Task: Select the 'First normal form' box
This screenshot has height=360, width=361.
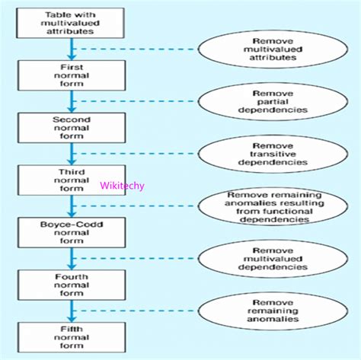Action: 71,74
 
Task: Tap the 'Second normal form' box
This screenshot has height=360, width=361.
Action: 71,127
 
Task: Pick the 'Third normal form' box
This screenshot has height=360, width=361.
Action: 71,180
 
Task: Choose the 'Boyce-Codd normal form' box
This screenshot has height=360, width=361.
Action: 71,232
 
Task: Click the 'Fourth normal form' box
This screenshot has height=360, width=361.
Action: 71,285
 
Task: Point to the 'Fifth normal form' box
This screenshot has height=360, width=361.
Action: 71,336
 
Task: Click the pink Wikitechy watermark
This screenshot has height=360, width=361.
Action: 122,185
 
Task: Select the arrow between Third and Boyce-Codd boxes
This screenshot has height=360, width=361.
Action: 71,206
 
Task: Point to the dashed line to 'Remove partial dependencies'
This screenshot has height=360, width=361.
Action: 137,100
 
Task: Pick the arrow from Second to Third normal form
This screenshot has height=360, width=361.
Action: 71,154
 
